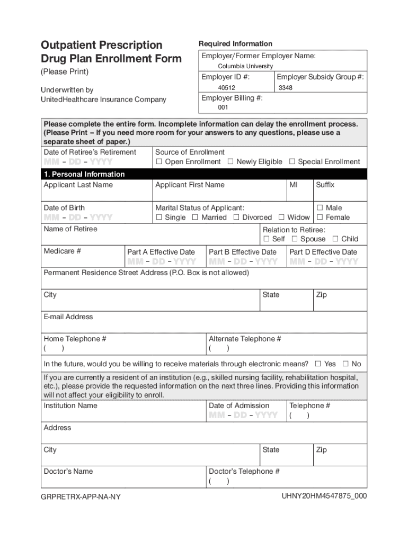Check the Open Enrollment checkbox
[x=158, y=162]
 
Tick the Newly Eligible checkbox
[x=230, y=162]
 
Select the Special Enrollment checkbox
[x=291, y=162]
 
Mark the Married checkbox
[x=195, y=218]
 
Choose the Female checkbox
[x=320, y=218]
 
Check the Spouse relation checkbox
[x=294, y=239]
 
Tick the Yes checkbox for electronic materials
[x=318, y=364]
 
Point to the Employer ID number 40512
[x=226, y=88]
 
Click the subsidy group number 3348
[x=285, y=88]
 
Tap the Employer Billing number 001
[x=223, y=108]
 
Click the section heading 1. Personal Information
[x=84, y=174]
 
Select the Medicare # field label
[x=62, y=251]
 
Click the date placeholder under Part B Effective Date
[x=243, y=262]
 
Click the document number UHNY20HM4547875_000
[x=324, y=496]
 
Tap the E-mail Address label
[x=68, y=317]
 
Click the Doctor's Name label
[x=68, y=472]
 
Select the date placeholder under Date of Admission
[x=243, y=415]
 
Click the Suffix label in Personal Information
[x=325, y=185]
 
